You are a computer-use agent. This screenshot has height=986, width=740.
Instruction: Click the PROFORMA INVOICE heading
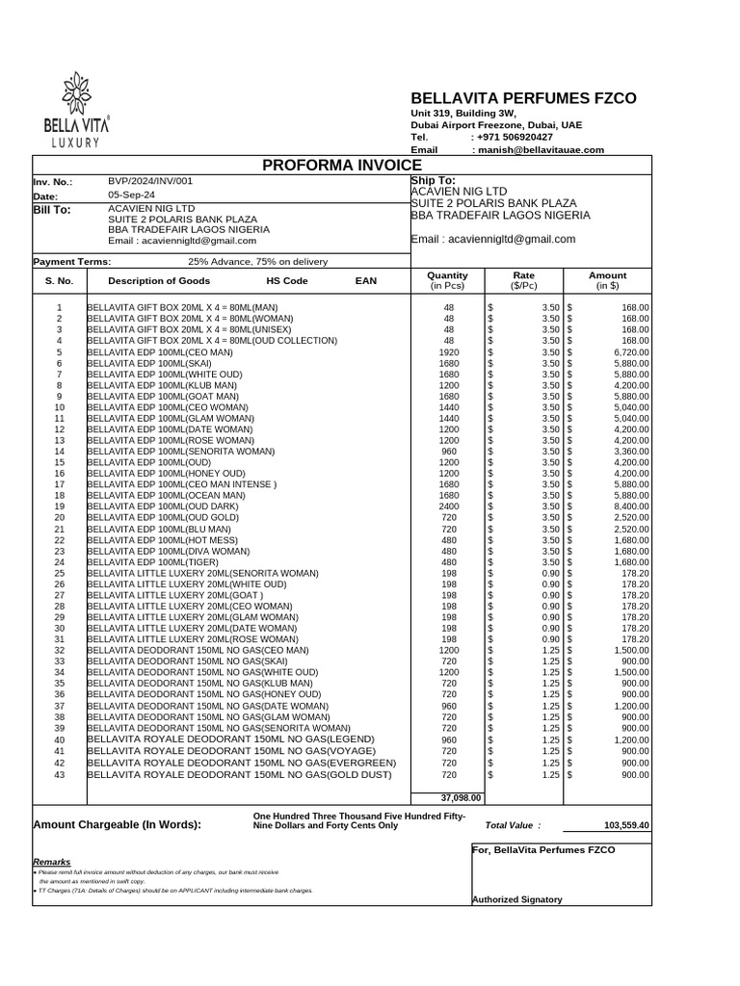pyautogui.click(x=334, y=166)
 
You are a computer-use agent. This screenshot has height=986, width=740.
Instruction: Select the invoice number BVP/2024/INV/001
pyautogui.click(x=150, y=181)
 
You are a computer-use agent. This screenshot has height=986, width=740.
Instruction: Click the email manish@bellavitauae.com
pyautogui.click(x=540, y=150)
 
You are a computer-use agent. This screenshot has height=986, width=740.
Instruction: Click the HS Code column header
pyautogui.click(x=287, y=280)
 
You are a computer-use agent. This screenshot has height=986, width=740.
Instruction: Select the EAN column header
pyautogui.click(x=366, y=280)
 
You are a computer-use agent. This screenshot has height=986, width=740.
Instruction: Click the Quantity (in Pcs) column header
pyautogui.click(x=447, y=280)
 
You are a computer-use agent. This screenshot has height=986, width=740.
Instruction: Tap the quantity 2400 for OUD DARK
pyautogui.click(x=449, y=506)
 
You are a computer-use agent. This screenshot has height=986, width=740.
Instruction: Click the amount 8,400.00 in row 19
pyautogui.click(x=627, y=506)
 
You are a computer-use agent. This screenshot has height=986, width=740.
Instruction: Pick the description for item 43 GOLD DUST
pyautogui.click(x=240, y=774)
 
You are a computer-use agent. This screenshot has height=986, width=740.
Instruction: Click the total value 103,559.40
pyautogui.click(x=626, y=825)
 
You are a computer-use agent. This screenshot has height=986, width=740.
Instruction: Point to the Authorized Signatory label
pyautogui.click(x=517, y=899)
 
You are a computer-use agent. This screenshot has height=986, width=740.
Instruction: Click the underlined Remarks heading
pyautogui.click(x=51, y=861)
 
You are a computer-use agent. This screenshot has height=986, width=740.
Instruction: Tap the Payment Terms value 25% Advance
pyautogui.click(x=257, y=262)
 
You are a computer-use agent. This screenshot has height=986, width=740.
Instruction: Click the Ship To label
pyautogui.click(x=433, y=180)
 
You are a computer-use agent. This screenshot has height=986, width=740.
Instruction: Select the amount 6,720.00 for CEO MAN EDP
pyautogui.click(x=627, y=351)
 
